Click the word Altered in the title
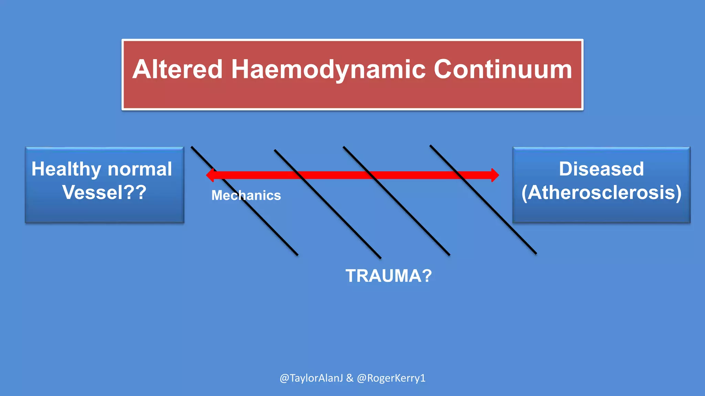pos(178,69)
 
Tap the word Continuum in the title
pos(503,69)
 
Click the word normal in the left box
pos(139,169)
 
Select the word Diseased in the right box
pos(601,169)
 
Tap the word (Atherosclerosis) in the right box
pos(601,192)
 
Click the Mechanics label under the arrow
pos(246,195)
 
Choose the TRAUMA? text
pos(388,276)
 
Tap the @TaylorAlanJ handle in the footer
pos(311,378)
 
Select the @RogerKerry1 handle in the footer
pos(391,378)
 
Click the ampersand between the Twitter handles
pos(350,378)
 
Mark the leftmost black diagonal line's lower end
pos(297,254)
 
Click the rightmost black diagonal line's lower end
pos(535,253)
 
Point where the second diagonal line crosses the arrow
pos(299,175)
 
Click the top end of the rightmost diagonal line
pos(431,146)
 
